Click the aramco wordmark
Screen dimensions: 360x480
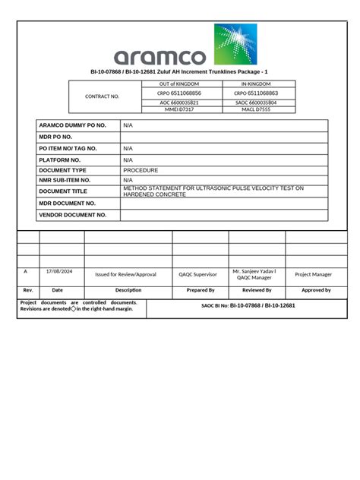(159, 57)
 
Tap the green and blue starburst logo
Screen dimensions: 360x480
(235, 44)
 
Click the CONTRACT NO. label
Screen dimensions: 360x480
(103, 96)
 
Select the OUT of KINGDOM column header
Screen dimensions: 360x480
(179, 84)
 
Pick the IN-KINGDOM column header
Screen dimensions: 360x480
(255, 84)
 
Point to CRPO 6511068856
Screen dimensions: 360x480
(179, 93)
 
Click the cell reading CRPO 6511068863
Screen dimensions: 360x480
(255, 93)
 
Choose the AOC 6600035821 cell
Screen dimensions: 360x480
(179, 102)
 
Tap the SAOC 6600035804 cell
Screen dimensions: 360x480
(255, 102)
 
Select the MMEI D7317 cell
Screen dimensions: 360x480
(179, 109)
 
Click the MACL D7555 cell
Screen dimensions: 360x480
(255, 109)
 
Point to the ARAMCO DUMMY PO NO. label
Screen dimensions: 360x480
(73, 125)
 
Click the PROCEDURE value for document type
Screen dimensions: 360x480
(141, 170)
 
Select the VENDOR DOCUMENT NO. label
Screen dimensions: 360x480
(73, 215)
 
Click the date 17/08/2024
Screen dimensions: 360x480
(58, 271)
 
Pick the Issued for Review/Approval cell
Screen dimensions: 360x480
(125, 274)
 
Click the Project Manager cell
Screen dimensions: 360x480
(313, 274)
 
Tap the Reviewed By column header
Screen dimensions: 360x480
(257, 290)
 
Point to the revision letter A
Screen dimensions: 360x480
(25, 271)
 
